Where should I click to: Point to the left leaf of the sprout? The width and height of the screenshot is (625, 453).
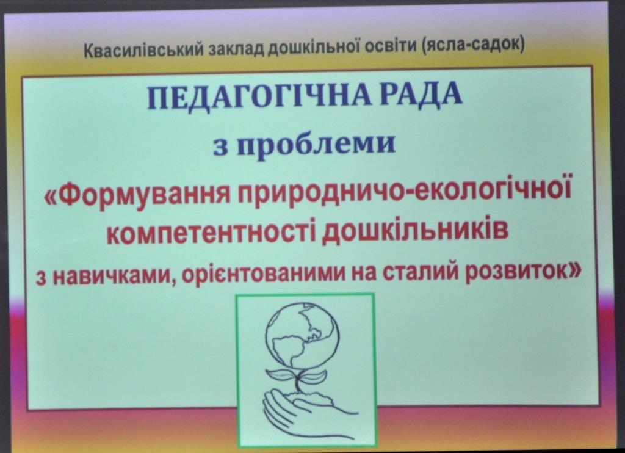point(281,374)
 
